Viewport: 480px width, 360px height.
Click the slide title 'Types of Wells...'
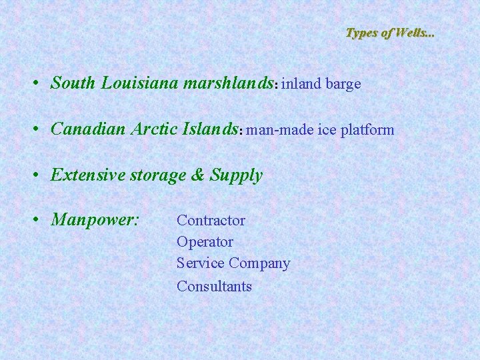(x=389, y=32)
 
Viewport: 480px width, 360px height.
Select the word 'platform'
(x=367, y=130)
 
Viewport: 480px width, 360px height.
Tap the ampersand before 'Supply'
(x=198, y=175)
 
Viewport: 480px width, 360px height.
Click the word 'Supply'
(x=237, y=176)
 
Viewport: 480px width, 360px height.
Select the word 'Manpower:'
(x=95, y=220)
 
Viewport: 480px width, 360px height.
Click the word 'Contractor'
(x=211, y=220)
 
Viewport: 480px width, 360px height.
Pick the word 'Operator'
(x=205, y=241)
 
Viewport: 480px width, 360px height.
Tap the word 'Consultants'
(x=214, y=286)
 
